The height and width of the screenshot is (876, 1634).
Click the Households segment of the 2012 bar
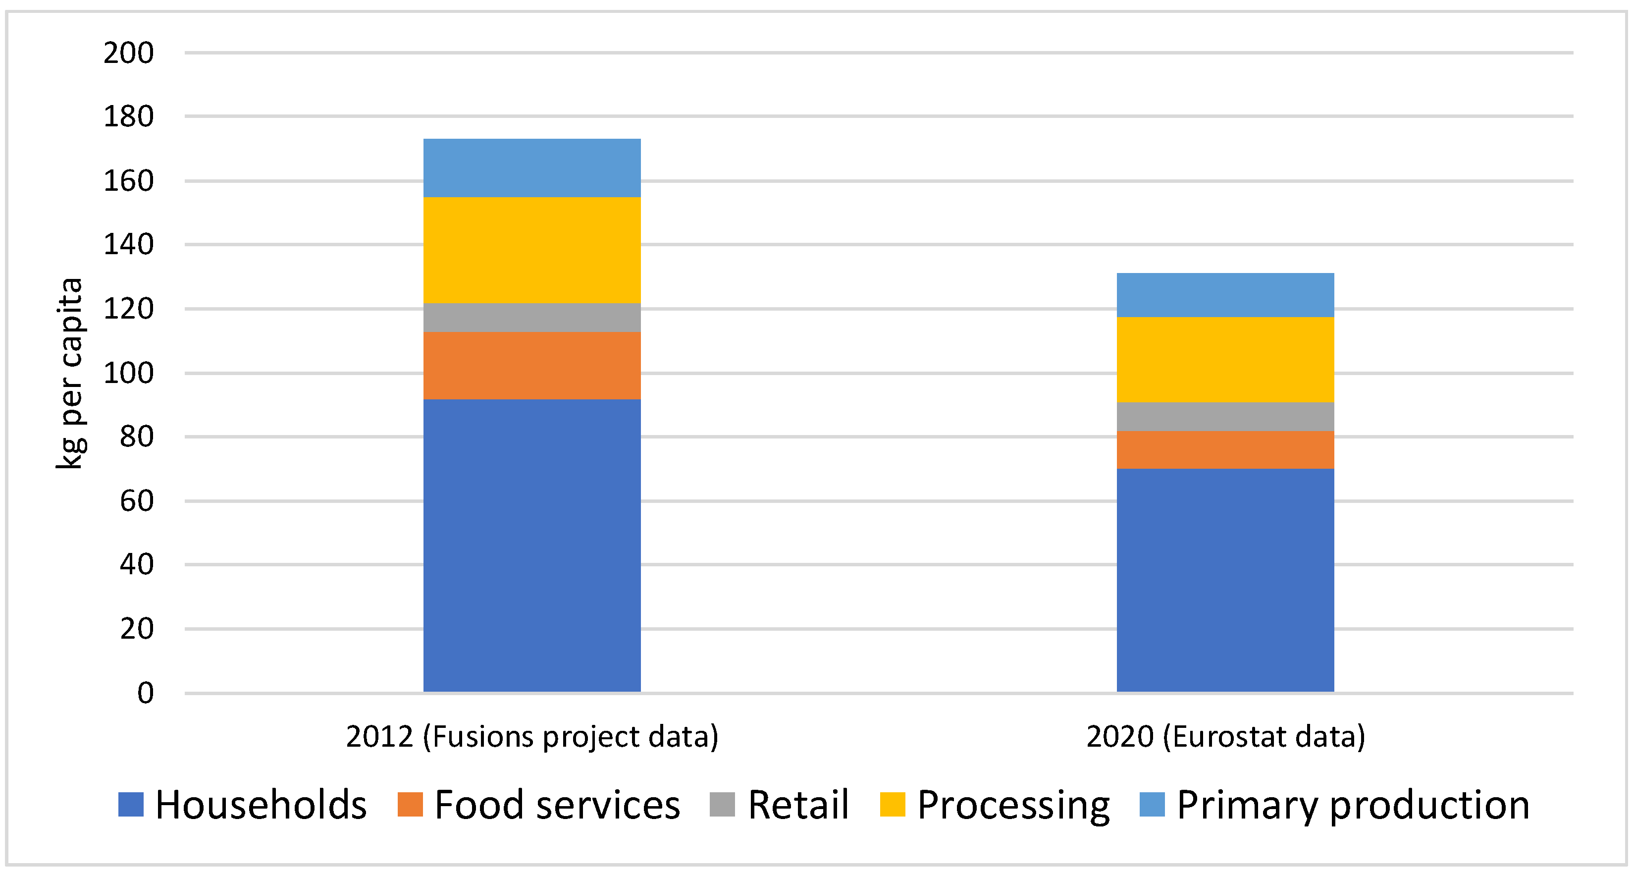point(531,546)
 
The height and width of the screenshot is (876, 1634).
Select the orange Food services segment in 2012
point(531,365)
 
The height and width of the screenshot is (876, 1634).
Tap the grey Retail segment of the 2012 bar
point(531,317)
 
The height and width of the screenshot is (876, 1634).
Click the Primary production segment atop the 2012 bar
point(531,168)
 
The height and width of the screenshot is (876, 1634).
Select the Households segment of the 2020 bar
point(1225,580)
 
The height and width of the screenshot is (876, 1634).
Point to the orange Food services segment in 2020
point(1225,450)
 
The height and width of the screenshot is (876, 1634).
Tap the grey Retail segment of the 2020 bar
point(1225,416)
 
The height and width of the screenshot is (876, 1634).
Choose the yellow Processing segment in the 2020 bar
point(1225,359)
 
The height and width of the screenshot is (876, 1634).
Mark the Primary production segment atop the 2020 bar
point(1225,295)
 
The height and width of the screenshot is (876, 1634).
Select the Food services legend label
point(556,805)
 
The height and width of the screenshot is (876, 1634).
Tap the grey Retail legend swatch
point(722,805)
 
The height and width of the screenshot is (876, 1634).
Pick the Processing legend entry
point(1013,805)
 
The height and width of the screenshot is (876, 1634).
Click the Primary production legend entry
point(1352,805)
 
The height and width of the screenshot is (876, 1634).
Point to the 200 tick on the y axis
point(129,53)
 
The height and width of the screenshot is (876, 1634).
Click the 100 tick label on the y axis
point(129,373)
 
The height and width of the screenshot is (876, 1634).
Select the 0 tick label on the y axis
point(145,693)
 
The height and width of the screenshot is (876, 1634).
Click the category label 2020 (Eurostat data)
point(1225,736)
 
